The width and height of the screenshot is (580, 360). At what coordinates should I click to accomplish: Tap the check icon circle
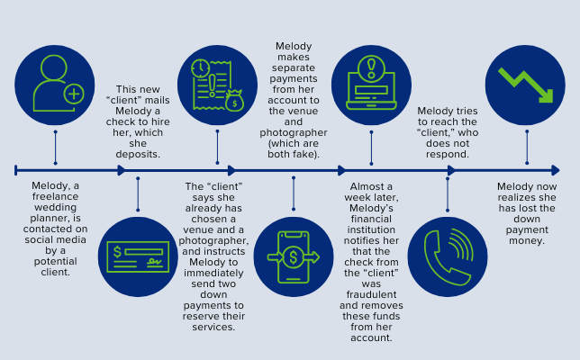pos(137,257)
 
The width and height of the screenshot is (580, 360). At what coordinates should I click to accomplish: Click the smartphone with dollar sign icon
pos(294,257)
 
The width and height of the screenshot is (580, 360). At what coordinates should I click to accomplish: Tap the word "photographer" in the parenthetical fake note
pos(294,132)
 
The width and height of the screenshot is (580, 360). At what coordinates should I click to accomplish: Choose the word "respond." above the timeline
pos(448,154)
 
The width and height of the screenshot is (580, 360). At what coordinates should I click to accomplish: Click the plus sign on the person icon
pos(74,94)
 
